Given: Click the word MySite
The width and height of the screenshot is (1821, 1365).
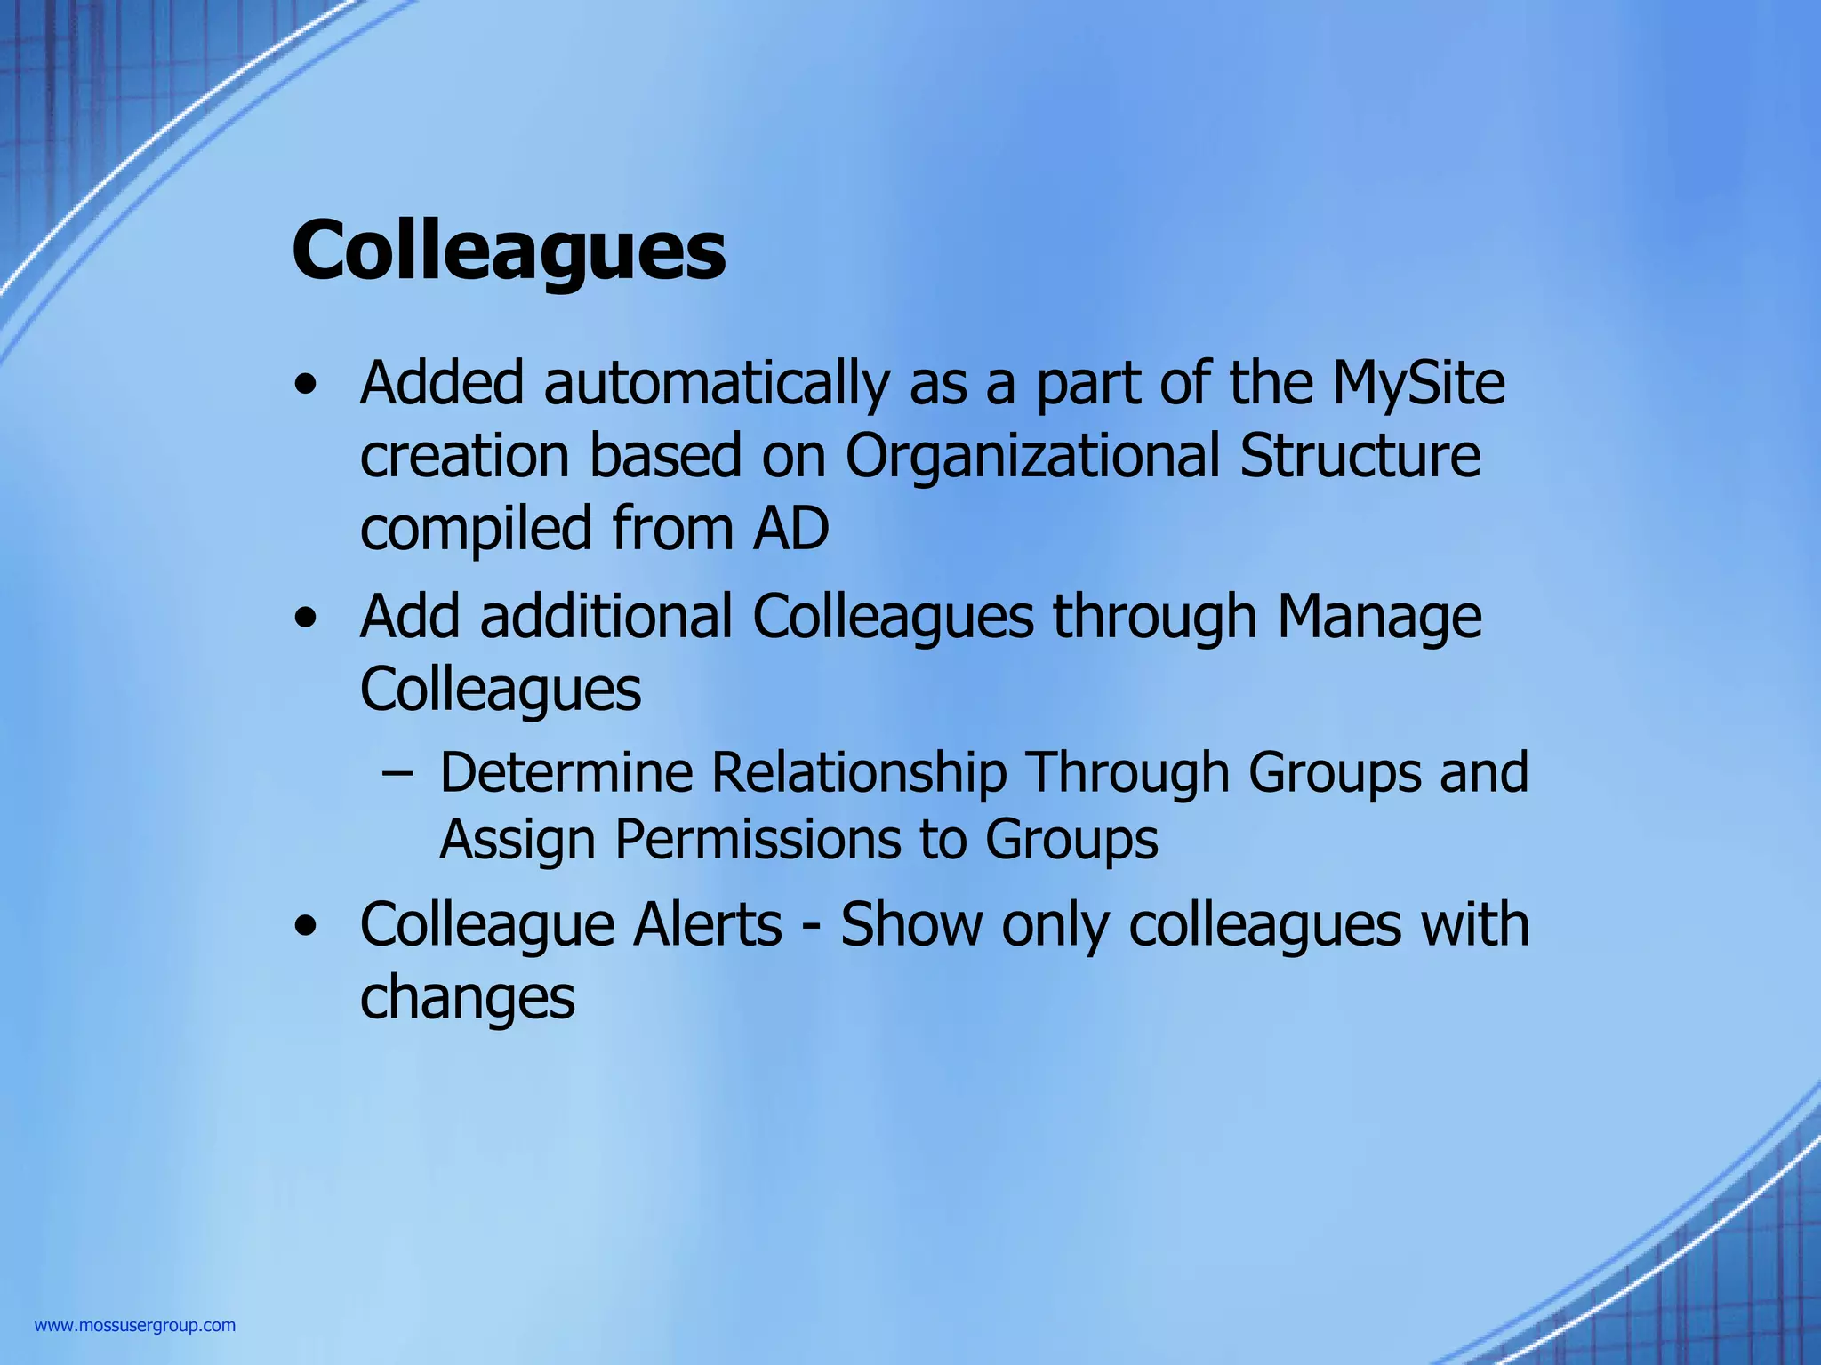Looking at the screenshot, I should (x=1418, y=384).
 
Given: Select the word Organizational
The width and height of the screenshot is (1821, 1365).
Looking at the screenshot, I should (x=1031, y=457).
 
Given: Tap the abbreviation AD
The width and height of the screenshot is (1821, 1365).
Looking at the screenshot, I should (x=790, y=528).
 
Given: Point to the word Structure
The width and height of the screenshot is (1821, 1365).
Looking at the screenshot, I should (x=1360, y=457).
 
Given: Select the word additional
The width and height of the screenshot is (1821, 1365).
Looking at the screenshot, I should (x=606, y=617).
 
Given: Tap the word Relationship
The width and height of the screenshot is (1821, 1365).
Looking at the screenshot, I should (x=858, y=772).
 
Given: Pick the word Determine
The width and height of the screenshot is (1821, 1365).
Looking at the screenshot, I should (x=566, y=772).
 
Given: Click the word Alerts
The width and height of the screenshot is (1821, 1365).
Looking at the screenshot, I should (x=707, y=925).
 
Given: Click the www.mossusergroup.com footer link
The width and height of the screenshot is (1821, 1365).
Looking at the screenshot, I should (x=135, y=1326).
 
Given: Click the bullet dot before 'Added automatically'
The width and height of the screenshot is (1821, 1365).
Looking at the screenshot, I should (x=306, y=387).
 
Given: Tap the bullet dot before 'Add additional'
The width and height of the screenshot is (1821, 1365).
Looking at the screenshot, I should (x=306, y=619).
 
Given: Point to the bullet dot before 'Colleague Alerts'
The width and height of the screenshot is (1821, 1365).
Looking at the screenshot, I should (x=306, y=927).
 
